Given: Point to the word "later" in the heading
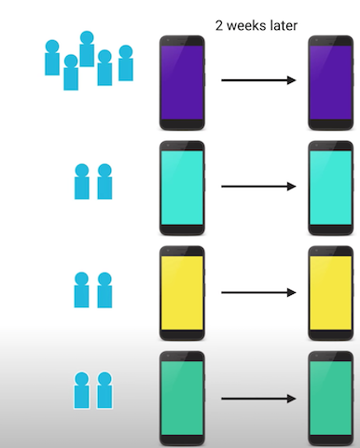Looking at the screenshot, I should [x=282, y=25].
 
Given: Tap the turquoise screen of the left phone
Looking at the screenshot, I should [x=181, y=187].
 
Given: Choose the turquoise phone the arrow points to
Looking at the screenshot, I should [x=331, y=187].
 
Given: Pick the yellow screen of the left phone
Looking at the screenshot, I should [x=181, y=293].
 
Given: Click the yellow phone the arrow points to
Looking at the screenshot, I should [x=331, y=293].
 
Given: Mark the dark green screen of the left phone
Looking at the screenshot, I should [x=181, y=399].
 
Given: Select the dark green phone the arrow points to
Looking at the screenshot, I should [x=331, y=399].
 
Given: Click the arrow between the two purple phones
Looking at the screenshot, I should [x=257, y=81].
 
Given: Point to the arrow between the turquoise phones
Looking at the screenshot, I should [x=257, y=187].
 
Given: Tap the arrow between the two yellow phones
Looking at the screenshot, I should [x=257, y=293].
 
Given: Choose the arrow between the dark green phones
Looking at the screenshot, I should [x=257, y=399].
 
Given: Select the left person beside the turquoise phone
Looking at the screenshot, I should [x=81, y=182].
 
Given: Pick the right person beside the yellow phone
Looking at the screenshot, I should [x=104, y=289].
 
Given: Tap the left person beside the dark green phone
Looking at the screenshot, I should [x=81, y=392].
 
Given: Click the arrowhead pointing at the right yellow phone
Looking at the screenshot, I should [x=292, y=293].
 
